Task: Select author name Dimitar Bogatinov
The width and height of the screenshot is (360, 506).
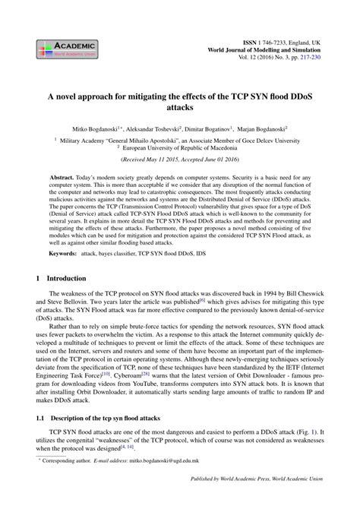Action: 207,131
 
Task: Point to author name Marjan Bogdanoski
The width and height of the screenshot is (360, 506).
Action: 261,131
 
